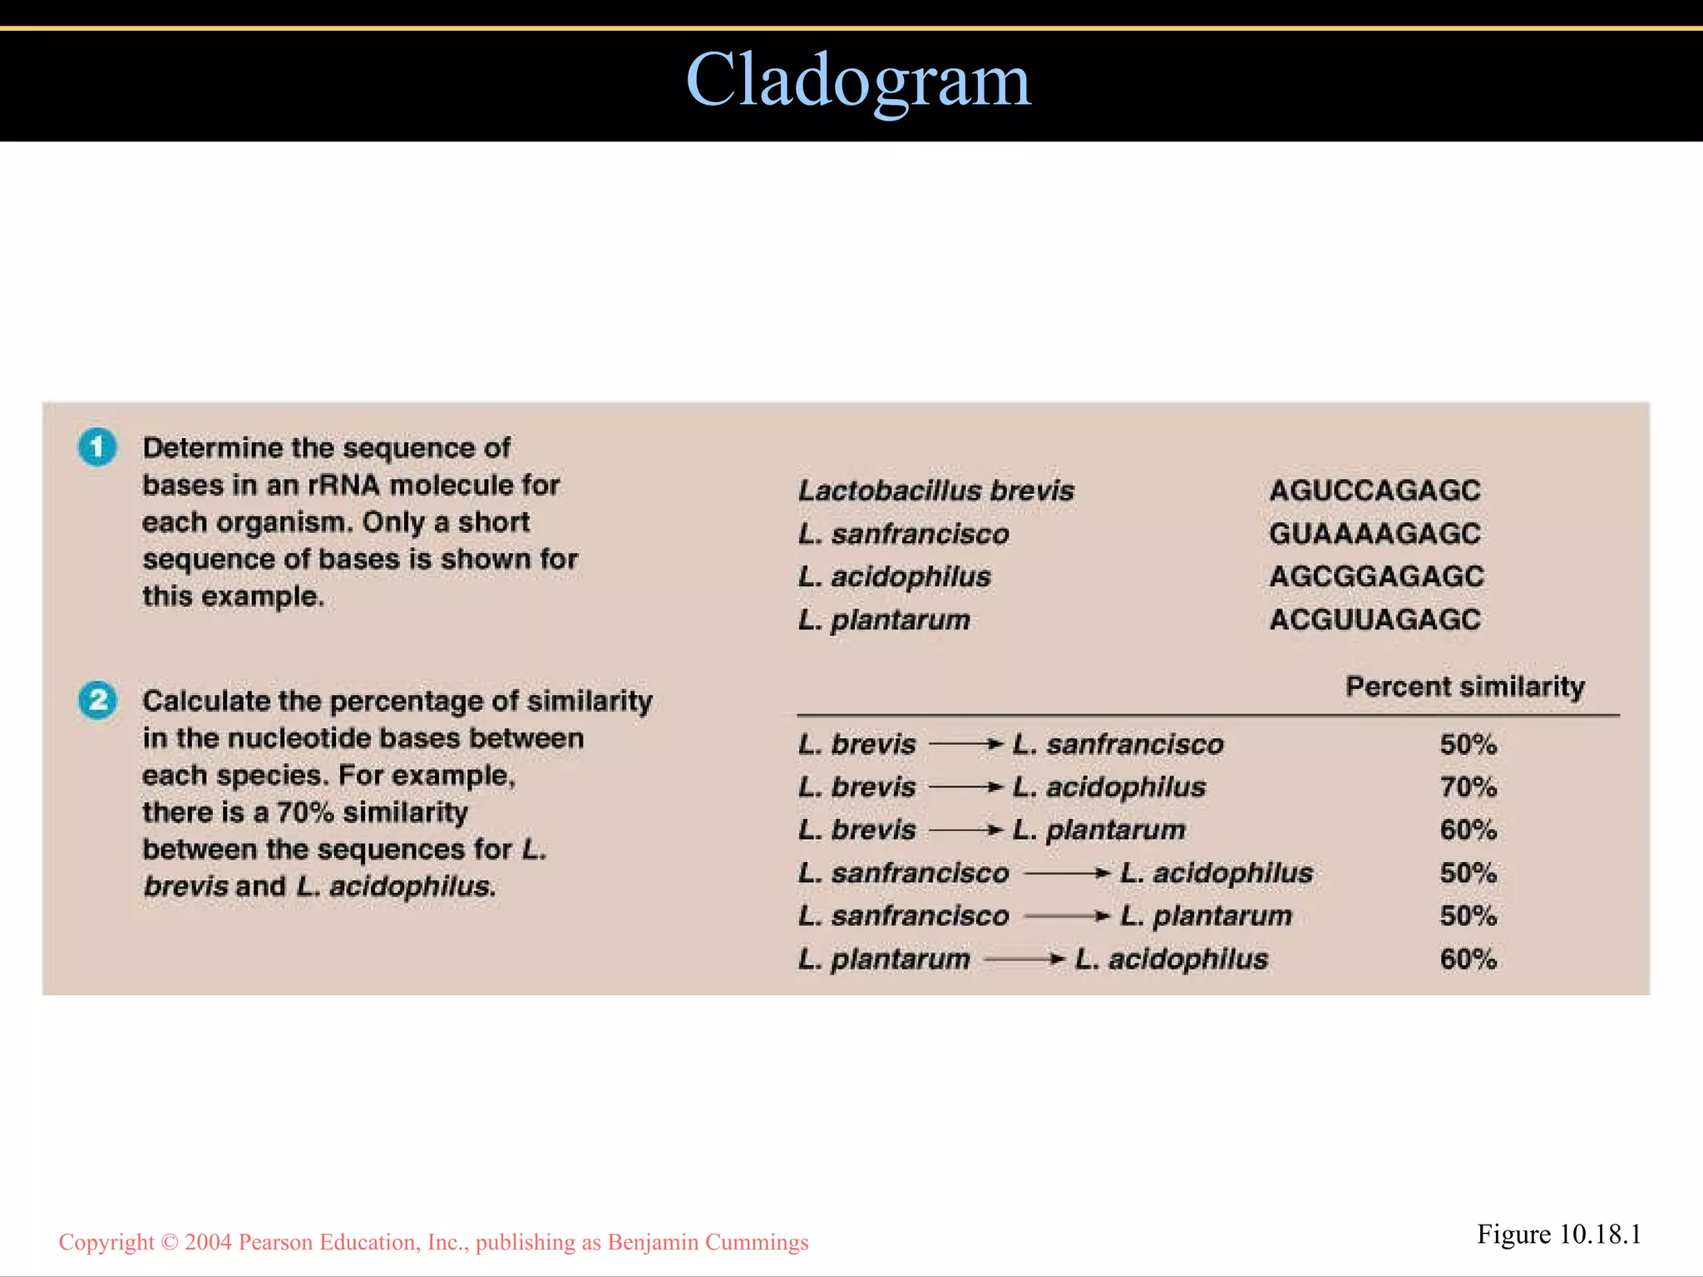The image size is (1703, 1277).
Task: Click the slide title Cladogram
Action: tap(858, 81)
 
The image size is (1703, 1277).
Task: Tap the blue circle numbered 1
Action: tap(97, 447)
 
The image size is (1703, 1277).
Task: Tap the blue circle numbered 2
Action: tap(97, 700)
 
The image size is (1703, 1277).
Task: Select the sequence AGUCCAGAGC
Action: tap(1375, 491)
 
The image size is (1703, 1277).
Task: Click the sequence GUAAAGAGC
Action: tap(1375, 534)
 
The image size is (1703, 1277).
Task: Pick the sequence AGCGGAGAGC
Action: tap(1376, 576)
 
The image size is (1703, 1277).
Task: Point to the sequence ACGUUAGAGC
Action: tap(1375, 619)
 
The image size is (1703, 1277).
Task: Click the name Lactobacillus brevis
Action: tap(936, 491)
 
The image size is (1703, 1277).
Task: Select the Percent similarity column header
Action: tap(1465, 687)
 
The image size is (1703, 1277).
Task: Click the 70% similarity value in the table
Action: tap(1469, 786)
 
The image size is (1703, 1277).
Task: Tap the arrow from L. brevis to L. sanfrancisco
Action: tap(965, 744)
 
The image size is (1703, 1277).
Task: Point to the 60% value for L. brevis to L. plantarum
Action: tap(1469, 830)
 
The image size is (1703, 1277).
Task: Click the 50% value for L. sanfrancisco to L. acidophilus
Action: tap(1469, 873)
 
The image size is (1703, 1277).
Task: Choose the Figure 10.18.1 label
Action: tap(1559, 1235)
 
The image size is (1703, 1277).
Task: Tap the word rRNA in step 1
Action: tap(344, 485)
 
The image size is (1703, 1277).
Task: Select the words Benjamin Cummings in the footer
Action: tap(708, 1242)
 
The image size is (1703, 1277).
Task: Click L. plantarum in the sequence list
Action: tap(884, 619)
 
